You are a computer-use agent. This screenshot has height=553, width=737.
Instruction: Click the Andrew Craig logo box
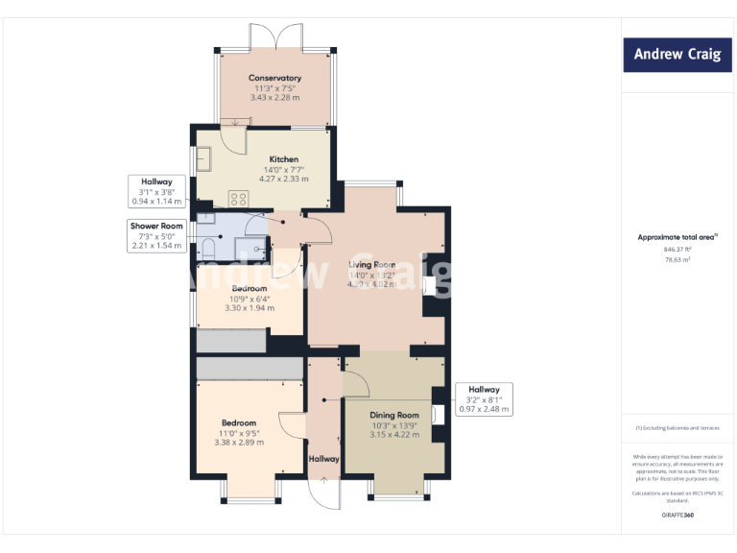(x=678, y=55)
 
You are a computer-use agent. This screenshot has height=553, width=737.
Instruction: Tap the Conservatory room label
(x=274, y=78)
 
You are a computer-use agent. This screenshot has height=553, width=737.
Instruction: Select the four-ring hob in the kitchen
(x=239, y=199)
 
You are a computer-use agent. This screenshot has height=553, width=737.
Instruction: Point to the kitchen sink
(x=205, y=158)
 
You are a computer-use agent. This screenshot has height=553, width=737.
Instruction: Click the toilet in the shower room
(x=208, y=250)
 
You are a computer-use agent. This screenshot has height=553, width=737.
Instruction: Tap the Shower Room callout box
(x=157, y=236)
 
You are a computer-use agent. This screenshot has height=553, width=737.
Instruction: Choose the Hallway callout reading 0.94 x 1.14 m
(x=156, y=191)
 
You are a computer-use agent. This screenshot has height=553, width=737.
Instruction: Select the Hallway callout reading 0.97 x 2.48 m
(x=484, y=399)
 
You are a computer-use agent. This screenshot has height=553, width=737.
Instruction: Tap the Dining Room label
(x=395, y=415)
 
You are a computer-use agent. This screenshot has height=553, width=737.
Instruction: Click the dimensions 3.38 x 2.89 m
(x=239, y=443)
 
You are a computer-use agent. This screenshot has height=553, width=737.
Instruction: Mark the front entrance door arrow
(x=324, y=479)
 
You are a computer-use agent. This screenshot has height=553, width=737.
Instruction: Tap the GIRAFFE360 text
(x=677, y=516)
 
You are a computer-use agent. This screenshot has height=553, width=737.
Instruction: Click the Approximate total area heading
(x=676, y=236)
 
